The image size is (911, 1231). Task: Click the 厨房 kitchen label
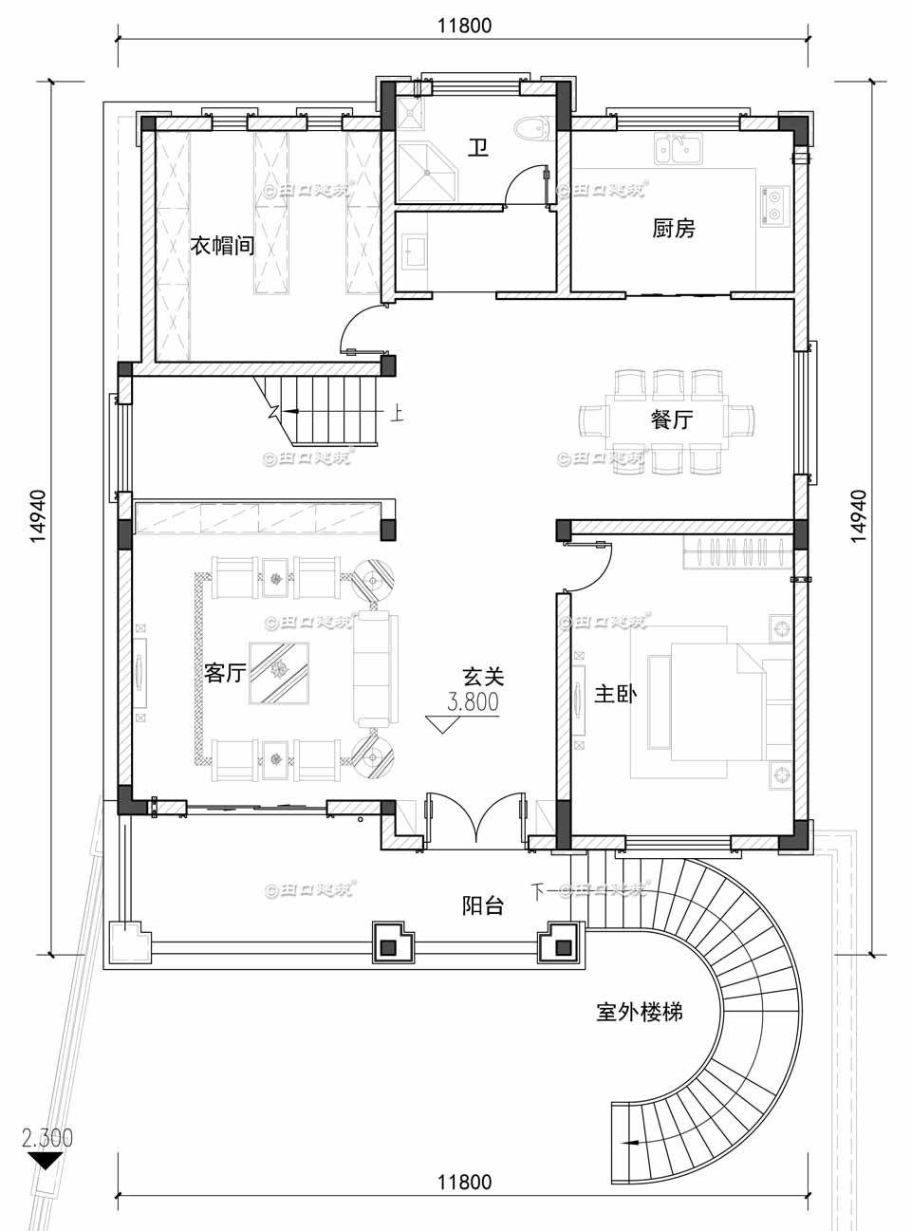pos(674,229)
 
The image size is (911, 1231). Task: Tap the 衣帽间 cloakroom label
pos(222,245)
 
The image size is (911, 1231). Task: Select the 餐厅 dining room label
pos(672,420)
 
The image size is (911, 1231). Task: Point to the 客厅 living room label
pos(225,673)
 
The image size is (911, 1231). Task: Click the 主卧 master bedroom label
pos(615,694)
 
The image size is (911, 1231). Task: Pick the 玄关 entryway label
pos(483,677)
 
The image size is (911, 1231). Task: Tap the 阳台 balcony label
pos(483,905)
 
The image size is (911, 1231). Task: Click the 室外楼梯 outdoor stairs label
pos(639,1012)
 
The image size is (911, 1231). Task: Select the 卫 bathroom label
pos(478,148)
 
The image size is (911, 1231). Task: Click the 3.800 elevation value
pos(473,702)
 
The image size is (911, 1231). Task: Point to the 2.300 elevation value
pos(47,1137)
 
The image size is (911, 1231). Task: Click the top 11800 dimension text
pos(464,26)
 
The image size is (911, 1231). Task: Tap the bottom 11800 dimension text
pos(464,1182)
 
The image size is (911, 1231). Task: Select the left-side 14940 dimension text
pos(38,515)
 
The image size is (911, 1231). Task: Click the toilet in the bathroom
pos(531,128)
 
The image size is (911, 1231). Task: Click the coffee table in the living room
pos(278,673)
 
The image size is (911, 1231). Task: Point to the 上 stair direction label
pos(398,414)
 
